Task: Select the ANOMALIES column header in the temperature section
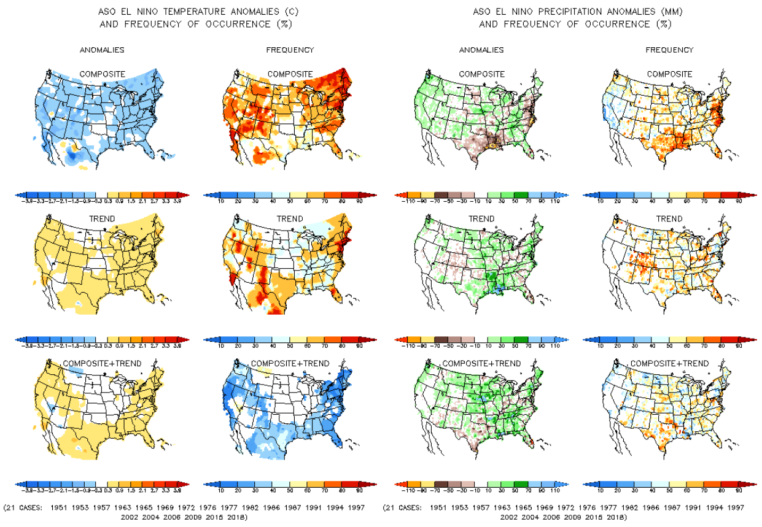[103, 50]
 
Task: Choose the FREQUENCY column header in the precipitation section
[669, 50]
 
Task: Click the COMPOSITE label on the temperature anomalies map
[103, 74]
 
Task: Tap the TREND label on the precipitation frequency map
[669, 219]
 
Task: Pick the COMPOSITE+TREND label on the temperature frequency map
[290, 363]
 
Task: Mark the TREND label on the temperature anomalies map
[103, 219]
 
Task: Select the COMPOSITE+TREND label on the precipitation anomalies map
[481, 363]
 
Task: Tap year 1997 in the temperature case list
[354, 508]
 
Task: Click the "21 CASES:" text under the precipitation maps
[402, 508]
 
